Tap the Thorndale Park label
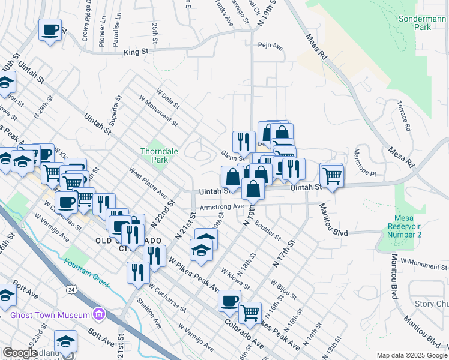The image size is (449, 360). pyautogui.click(x=159, y=156)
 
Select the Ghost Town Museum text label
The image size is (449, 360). pyautogui.click(x=50, y=314)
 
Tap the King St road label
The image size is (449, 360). pyautogui.click(x=136, y=53)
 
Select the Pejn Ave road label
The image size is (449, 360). pyautogui.click(x=270, y=46)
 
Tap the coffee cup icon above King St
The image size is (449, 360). pyautogui.click(x=50, y=29)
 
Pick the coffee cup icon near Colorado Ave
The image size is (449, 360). pyautogui.click(x=229, y=301)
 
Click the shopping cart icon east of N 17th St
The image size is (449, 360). pyautogui.click(x=332, y=175)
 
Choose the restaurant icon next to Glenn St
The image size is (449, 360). pyautogui.click(x=243, y=142)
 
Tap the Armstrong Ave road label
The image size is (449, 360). pyautogui.click(x=221, y=206)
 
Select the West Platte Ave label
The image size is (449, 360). pyautogui.click(x=148, y=183)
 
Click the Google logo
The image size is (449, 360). pyautogui.click(x=20, y=353)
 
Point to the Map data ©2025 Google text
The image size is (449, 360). pyautogui.click(x=412, y=355)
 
